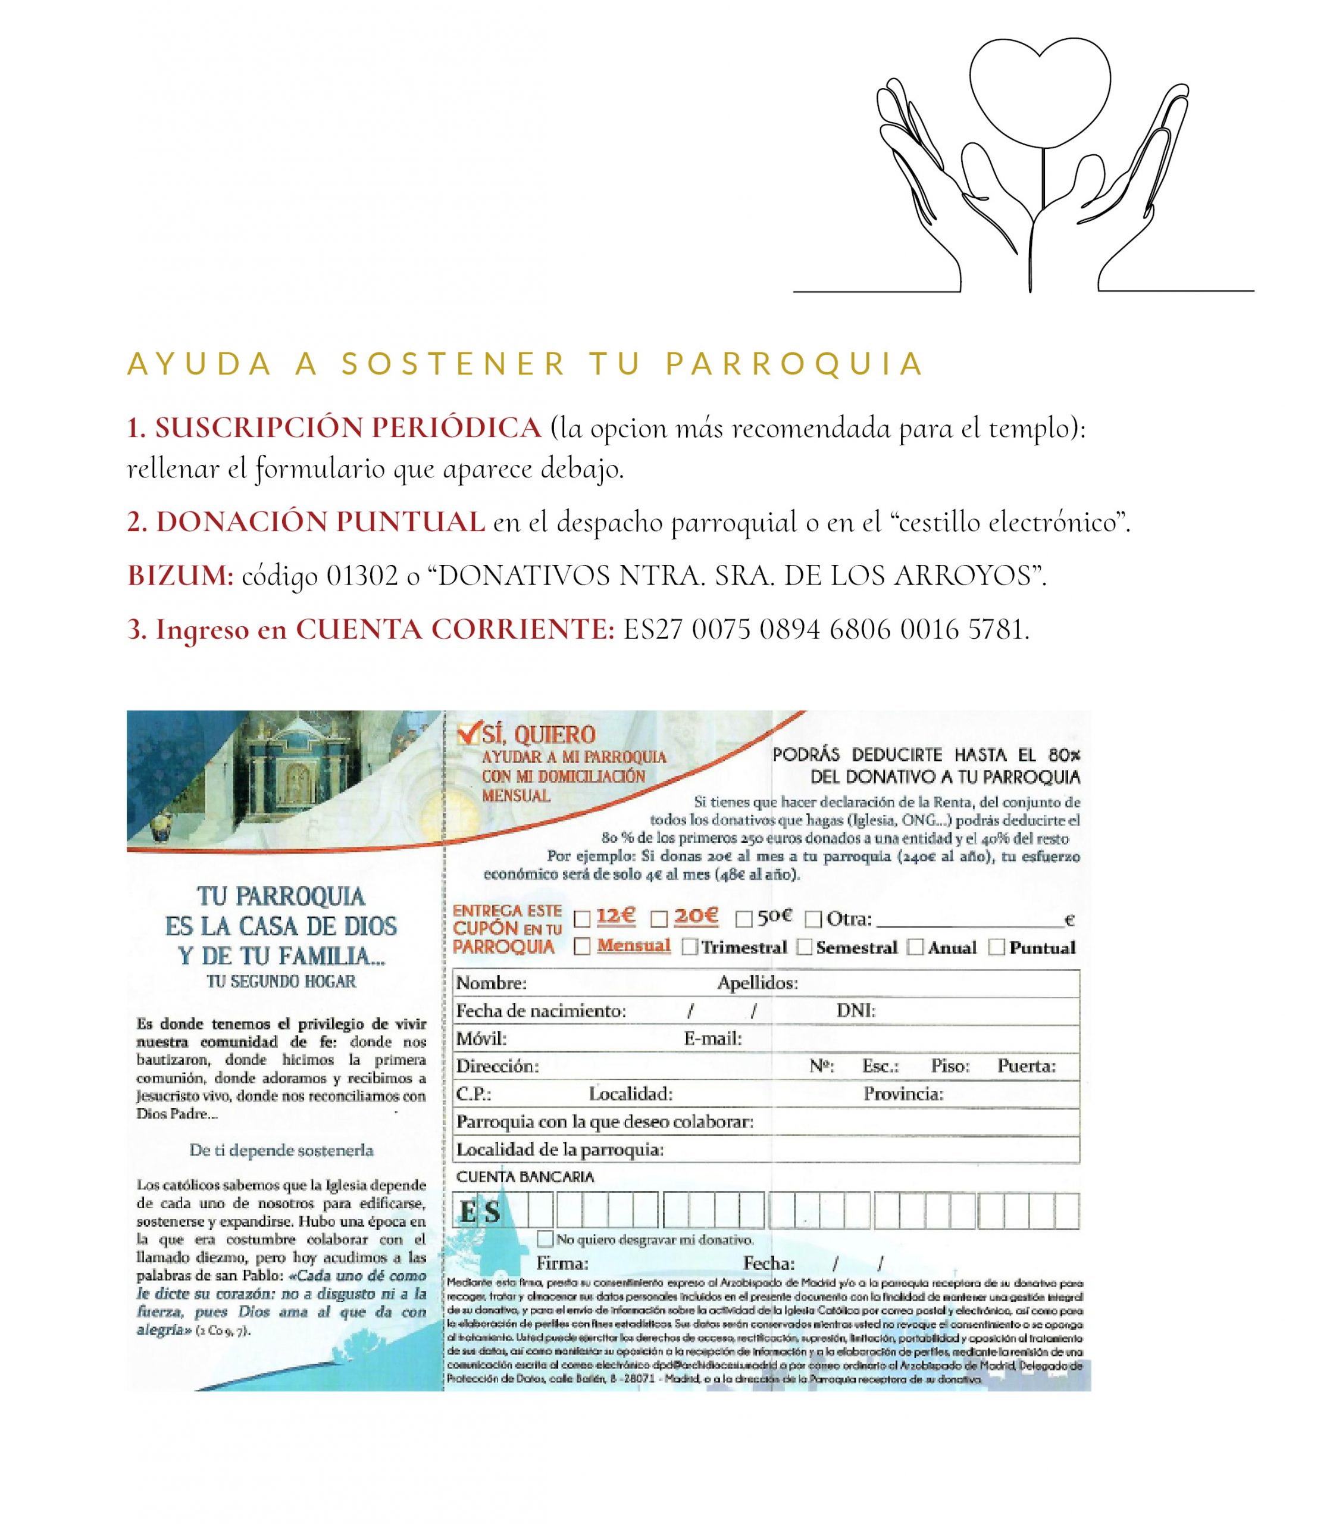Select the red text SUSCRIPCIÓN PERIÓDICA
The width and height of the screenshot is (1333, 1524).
[x=334, y=428]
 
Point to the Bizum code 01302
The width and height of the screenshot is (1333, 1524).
[x=362, y=576]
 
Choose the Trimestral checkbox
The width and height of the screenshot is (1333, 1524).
[x=690, y=947]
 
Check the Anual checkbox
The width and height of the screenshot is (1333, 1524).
[x=915, y=947]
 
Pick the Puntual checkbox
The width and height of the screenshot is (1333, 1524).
[x=996, y=947]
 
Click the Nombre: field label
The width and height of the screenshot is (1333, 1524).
[x=492, y=983]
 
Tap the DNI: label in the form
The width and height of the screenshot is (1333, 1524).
[x=856, y=1011]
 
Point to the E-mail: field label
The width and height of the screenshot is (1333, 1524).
[x=713, y=1039]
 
